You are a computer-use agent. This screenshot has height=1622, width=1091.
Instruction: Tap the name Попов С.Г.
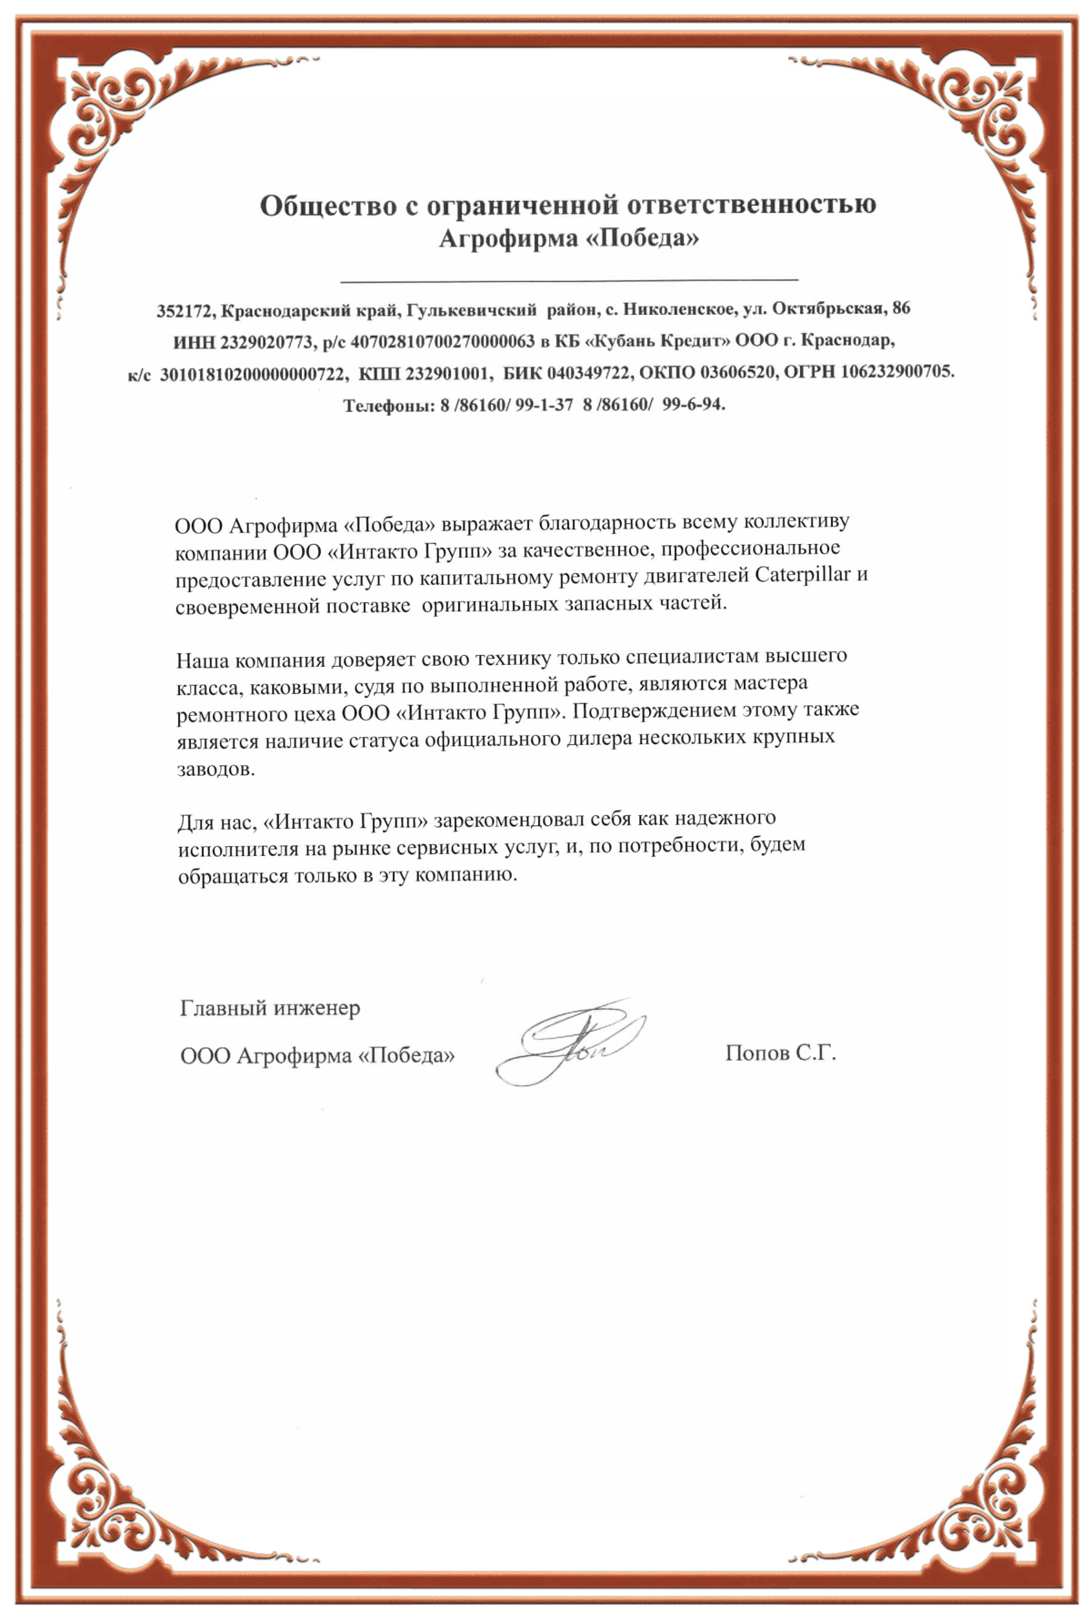(780, 1053)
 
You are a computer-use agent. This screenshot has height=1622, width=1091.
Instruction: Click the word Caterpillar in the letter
(804, 575)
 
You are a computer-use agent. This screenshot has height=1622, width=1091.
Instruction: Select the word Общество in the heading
(328, 205)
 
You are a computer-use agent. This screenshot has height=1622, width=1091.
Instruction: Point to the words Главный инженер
(270, 1008)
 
